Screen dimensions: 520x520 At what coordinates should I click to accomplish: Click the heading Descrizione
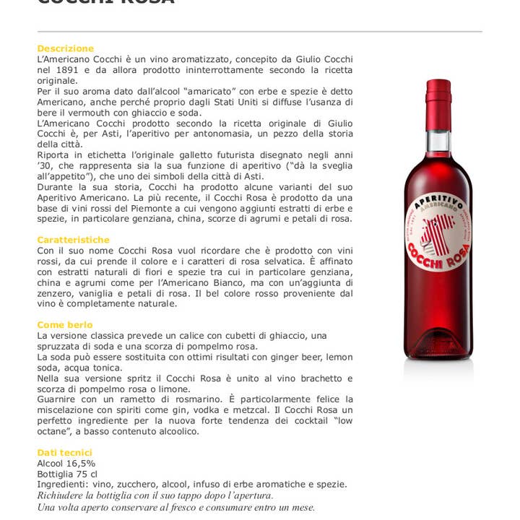[x=66, y=48]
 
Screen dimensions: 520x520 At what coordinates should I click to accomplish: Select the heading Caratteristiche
[x=74, y=240]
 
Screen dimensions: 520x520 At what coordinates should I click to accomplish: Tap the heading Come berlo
[x=65, y=325]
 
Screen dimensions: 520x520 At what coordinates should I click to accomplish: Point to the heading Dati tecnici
[x=65, y=453]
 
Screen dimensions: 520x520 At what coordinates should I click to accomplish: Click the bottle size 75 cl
[x=87, y=474]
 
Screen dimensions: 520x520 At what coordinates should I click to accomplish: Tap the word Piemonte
[x=162, y=208]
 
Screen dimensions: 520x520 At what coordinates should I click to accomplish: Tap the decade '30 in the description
[x=44, y=165]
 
